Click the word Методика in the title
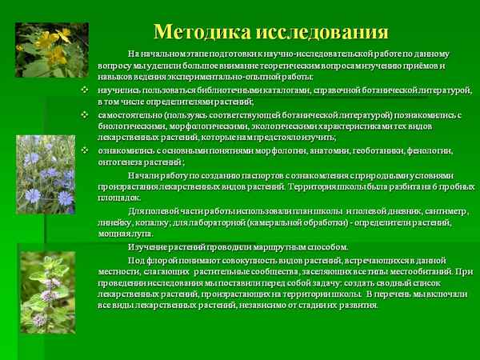(x=201, y=32)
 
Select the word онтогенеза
(x=120, y=162)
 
